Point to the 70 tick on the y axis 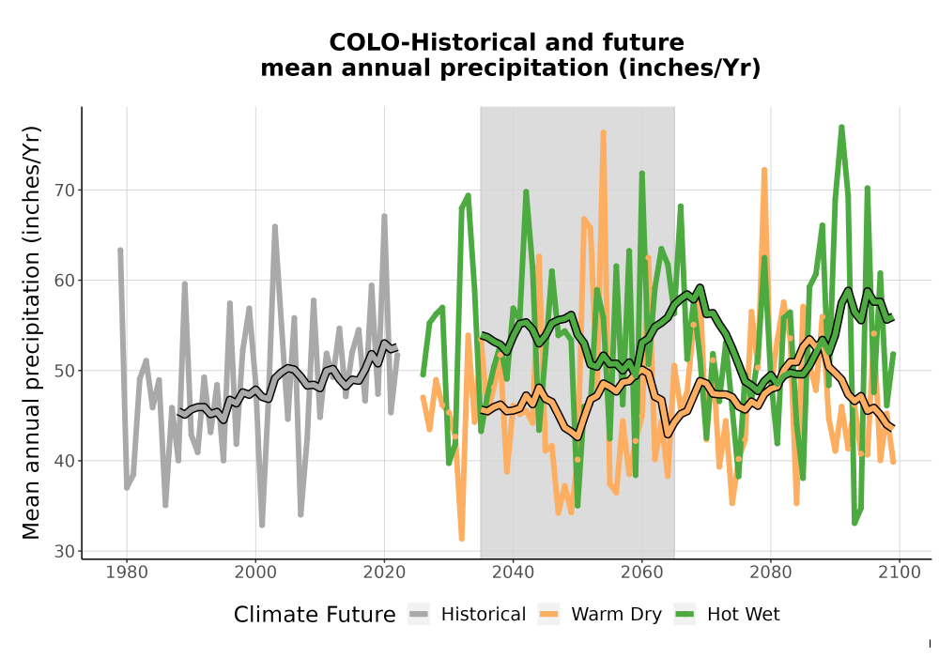(x=67, y=191)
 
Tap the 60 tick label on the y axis (x=67, y=280)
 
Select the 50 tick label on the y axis (x=67, y=371)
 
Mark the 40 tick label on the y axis (x=67, y=461)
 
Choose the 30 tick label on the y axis (x=67, y=551)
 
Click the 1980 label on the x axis (x=127, y=573)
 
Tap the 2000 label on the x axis (x=255, y=573)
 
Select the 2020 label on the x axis (x=384, y=573)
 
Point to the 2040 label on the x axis (x=513, y=573)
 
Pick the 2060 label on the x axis (x=641, y=573)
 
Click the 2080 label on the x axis (x=771, y=573)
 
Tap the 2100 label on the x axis (x=900, y=573)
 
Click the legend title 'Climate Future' (x=315, y=615)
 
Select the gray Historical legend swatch (x=419, y=615)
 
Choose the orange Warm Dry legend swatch (x=548, y=615)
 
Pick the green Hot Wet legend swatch (x=685, y=615)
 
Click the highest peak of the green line (x=842, y=127)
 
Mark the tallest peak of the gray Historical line (x=384, y=216)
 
